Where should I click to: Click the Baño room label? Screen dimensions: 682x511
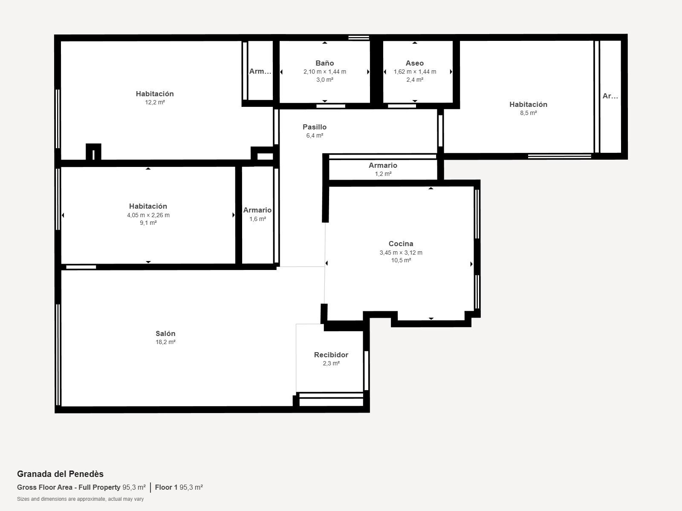pyautogui.click(x=325, y=63)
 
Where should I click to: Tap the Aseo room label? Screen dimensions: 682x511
pyautogui.click(x=415, y=63)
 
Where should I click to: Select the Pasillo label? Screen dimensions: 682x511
pyautogui.click(x=315, y=127)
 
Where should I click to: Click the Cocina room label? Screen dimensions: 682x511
pyautogui.click(x=401, y=244)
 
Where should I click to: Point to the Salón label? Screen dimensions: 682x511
pyautogui.click(x=165, y=333)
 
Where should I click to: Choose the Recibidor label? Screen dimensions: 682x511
pyautogui.click(x=331, y=355)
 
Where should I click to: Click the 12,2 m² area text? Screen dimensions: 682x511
pyautogui.click(x=155, y=102)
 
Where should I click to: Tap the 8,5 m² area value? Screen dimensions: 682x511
pyautogui.click(x=529, y=113)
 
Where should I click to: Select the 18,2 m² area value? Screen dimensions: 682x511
pyautogui.click(x=165, y=342)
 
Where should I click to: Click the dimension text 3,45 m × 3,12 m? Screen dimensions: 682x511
pyautogui.click(x=401, y=253)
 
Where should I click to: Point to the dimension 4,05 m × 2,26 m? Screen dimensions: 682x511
pyautogui.click(x=148, y=215)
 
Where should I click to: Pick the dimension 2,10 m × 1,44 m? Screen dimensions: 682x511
pyautogui.click(x=325, y=72)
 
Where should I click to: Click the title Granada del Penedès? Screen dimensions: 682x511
pyautogui.click(x=60, y=474)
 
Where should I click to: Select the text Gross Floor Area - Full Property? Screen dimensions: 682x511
pyautogui.click(x=69, y=487)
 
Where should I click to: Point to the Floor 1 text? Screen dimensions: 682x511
pyautogui.click(x=166, y=487)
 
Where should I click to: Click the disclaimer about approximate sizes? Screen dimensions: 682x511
pyautogui.click(x=80, y=499)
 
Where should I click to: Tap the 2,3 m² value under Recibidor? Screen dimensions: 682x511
pyautogui.click(x=331, y=363)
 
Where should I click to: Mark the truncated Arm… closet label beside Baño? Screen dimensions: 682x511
pyautogui.click(x=260, y=72)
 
